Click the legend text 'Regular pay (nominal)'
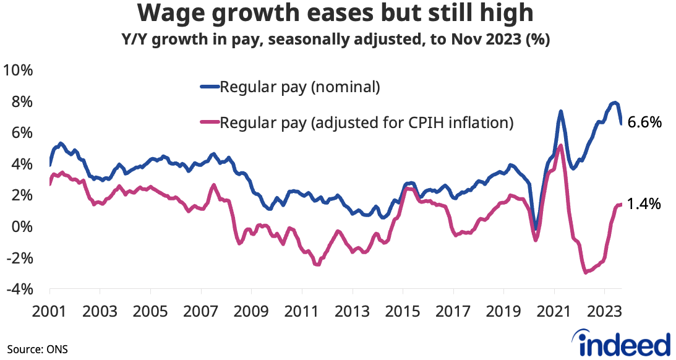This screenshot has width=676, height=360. pos(299,87)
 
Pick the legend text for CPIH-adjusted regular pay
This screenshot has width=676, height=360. pos(367,122)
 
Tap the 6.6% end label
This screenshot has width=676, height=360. pos(644,122)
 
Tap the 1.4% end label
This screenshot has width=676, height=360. pos(644,204)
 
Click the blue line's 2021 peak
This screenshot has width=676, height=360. pos(560,112)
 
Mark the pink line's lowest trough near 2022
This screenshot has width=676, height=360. pos(585,272)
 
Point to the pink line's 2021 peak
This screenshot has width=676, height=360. pos(560,146)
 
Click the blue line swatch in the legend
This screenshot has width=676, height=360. pos(209,87)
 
